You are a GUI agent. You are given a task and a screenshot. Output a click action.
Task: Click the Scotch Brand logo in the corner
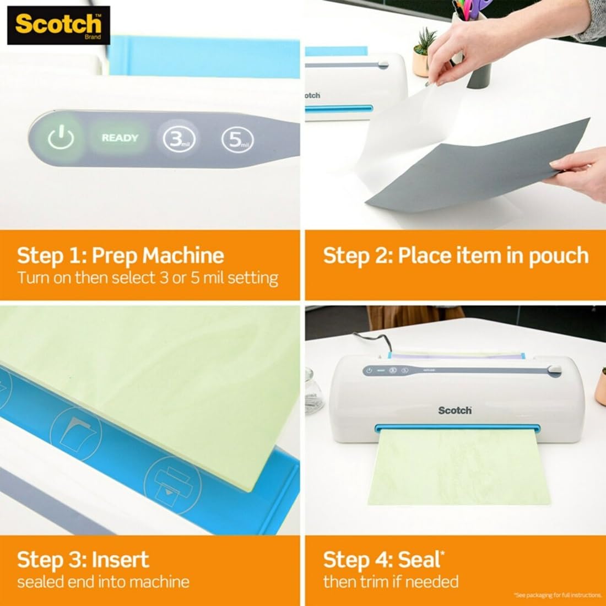(58, 25)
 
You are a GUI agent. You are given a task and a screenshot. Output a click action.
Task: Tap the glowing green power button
(60, 138)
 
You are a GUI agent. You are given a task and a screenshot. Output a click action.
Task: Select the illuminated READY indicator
(120, 138)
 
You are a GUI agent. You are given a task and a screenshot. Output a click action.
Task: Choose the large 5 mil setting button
(237, 139)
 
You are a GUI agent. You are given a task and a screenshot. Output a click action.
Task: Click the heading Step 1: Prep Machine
(120, 256)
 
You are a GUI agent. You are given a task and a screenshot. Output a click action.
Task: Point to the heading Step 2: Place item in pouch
(456, 256)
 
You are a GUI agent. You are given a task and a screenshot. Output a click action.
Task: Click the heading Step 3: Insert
(83, 559)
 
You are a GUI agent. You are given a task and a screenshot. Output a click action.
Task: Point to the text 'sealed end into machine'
(103, 581)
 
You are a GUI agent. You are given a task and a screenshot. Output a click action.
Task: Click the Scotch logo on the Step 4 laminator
(454, 410)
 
